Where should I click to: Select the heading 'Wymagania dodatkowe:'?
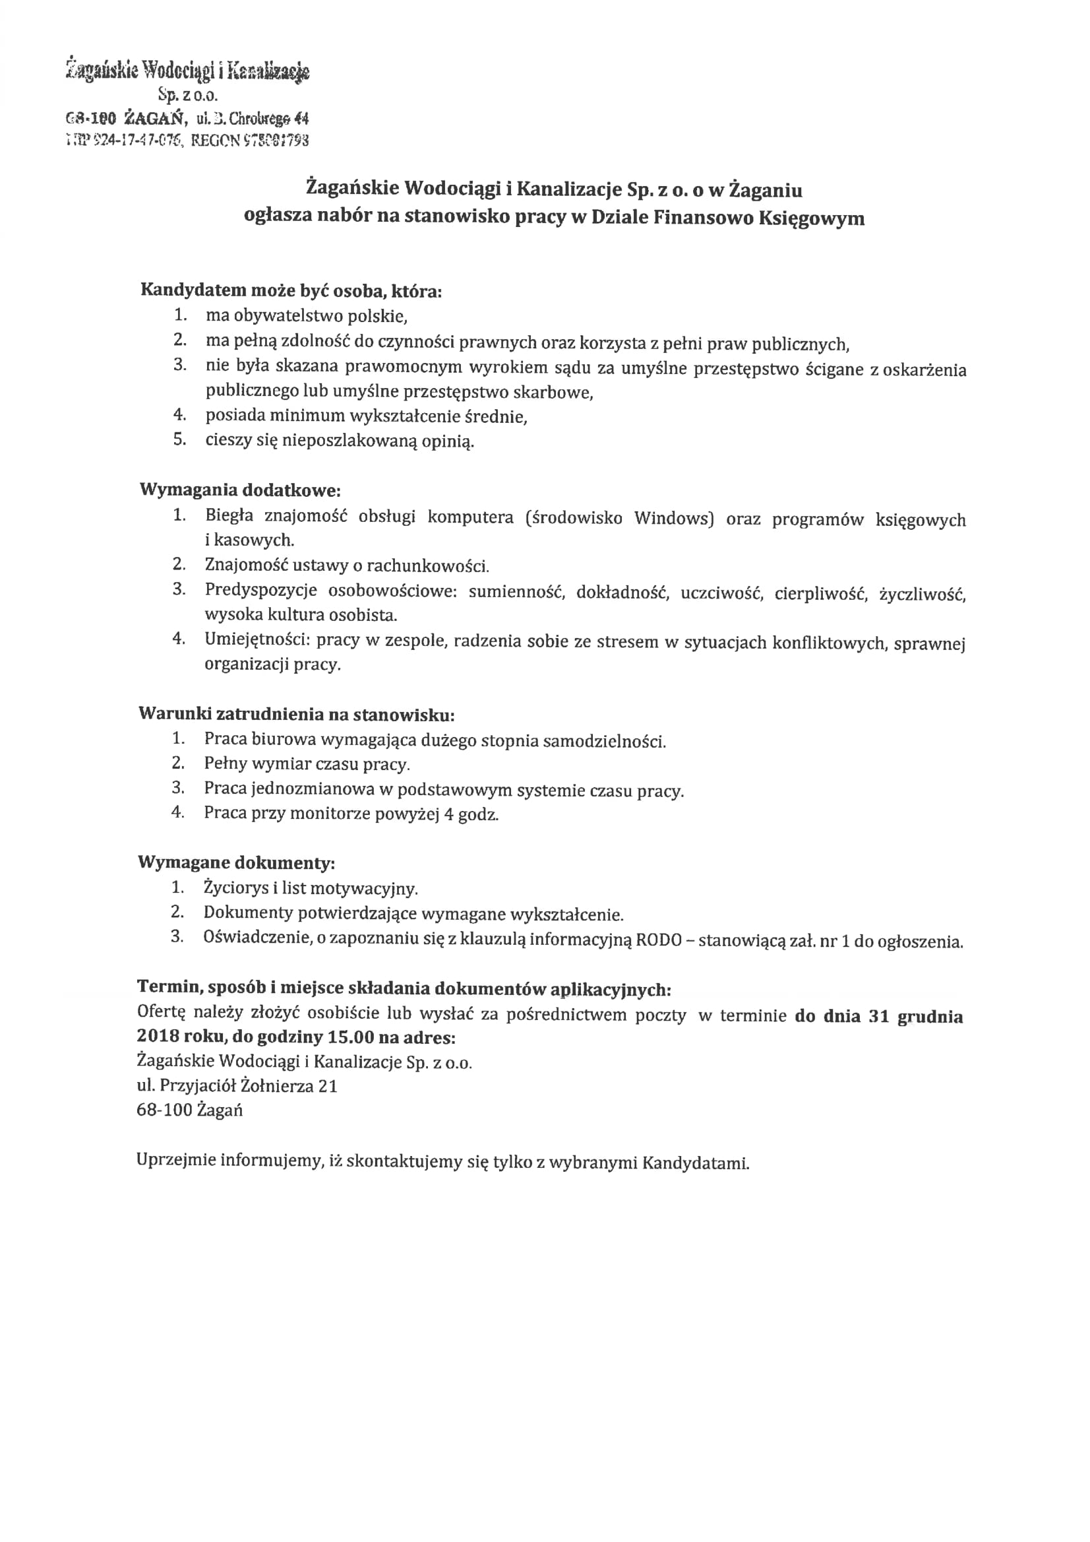point(239,490)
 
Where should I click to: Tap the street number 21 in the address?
point(328,1086)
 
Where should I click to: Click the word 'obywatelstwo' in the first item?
point(288,315)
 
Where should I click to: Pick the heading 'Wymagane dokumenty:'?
point(236,862)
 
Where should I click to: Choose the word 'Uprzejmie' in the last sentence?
point(176,1160)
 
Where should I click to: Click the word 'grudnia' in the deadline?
point(930,1016)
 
